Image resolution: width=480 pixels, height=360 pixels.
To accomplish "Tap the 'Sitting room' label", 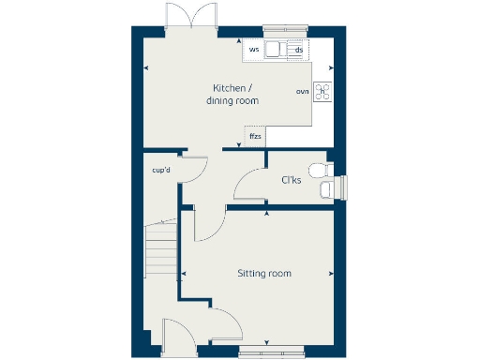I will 263,274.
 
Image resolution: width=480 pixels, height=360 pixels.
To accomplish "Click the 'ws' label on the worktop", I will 254,49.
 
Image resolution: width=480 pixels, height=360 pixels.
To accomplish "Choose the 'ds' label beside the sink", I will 298,50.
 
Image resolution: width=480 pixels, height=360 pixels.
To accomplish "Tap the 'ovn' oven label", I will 302,92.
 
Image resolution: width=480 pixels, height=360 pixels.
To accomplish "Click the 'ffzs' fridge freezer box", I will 255,137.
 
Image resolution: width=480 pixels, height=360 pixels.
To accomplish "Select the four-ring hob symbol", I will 322,91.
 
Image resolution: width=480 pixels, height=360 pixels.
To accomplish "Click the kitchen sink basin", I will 277,50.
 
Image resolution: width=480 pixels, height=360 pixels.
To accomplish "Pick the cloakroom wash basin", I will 325,190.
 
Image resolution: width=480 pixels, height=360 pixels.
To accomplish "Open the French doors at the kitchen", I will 183,19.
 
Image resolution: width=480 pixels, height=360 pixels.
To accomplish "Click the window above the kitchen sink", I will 286,27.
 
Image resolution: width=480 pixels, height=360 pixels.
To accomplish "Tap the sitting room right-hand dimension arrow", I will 332,274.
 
